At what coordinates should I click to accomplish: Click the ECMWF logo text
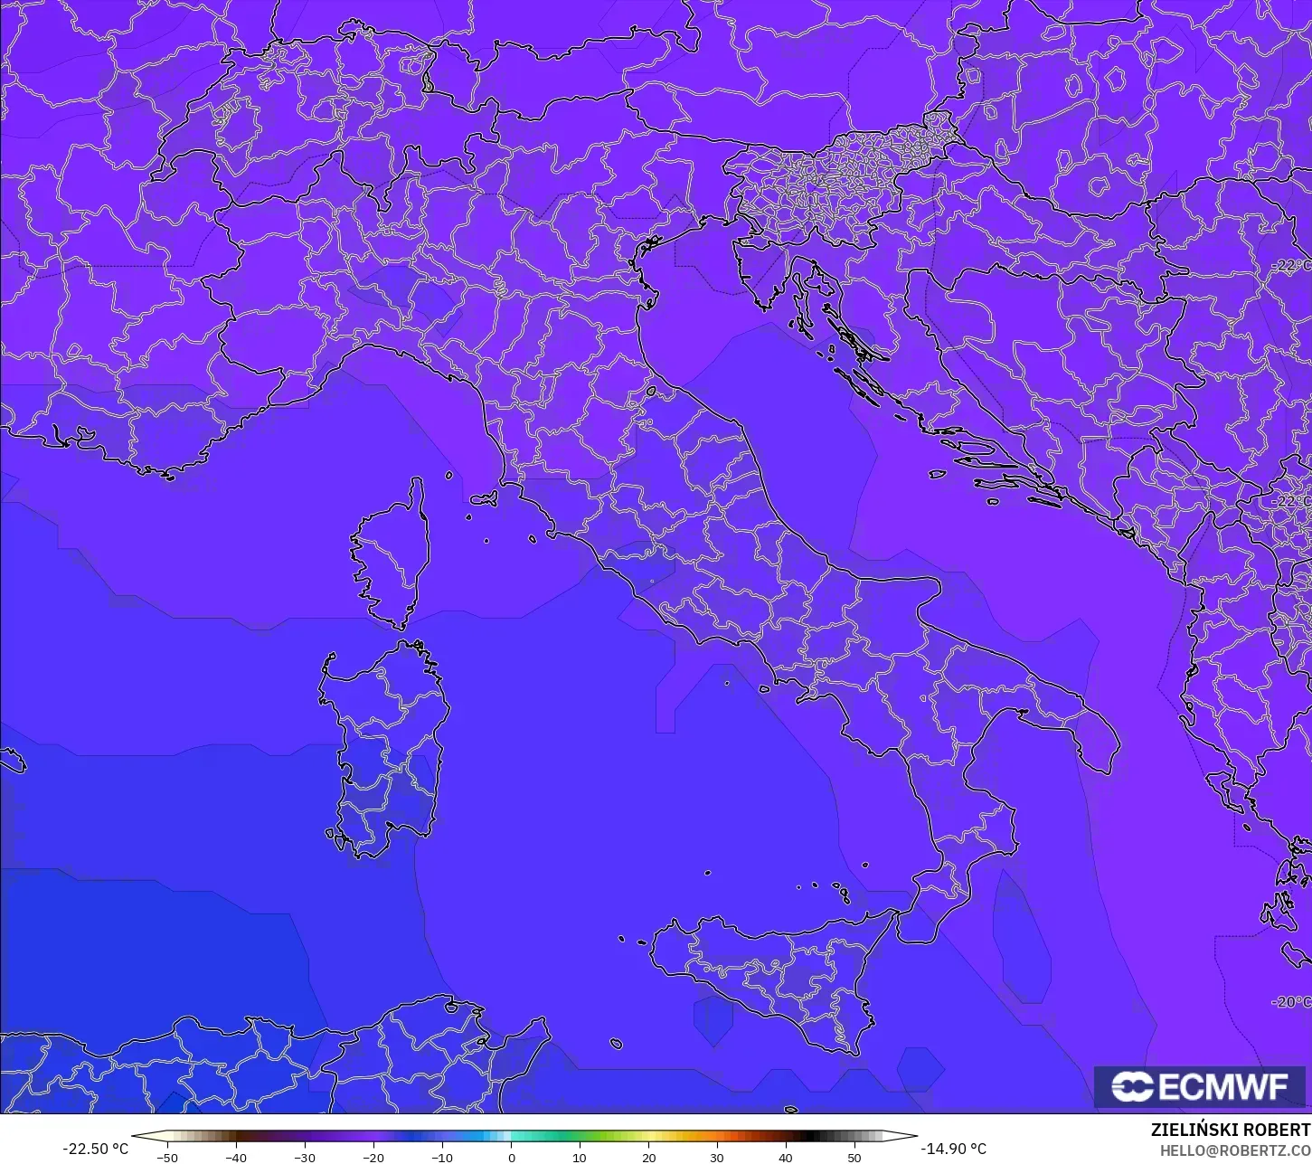click(x=1222, y=1087)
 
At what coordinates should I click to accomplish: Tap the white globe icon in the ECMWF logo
click(x=1132, y=1087)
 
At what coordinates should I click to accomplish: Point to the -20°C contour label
click(x=1292, y=1001)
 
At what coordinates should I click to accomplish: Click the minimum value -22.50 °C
click(x=95, y=1149)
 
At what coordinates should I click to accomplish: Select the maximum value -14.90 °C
click(x=953, y=1149)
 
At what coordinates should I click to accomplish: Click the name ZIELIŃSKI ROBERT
click(x=1231, y=1130)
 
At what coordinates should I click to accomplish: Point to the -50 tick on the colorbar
click(x=167, y=1157)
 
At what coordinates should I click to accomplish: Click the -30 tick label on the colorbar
click(x=305, y=1157)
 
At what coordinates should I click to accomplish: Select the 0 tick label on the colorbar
click(x=511, y=1157)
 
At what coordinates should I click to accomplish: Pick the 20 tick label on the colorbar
click(x=648, y=1157)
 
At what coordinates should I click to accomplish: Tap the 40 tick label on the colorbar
click(x=786, y=1157)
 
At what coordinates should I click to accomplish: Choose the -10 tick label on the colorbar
click(x=442, y=1157)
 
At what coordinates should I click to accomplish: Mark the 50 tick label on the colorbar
click(x=854, y=1157)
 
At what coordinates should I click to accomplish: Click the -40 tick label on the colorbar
click(x=236, y=1157)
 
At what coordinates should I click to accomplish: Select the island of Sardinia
click(x=384, y=751)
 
